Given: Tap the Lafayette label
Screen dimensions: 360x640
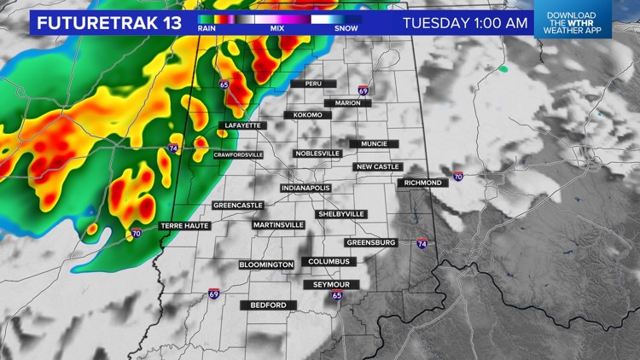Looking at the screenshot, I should click(242, 125).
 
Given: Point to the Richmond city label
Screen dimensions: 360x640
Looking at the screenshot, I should click(422, 183).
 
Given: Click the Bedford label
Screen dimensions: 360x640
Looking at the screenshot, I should click(269, 305).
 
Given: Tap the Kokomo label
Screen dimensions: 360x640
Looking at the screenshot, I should click(306, 114).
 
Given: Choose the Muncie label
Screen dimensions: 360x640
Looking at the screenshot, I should click(374, 144).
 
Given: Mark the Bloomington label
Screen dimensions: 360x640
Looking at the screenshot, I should click(266, 264).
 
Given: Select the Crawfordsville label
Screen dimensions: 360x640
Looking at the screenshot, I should click(238, 154).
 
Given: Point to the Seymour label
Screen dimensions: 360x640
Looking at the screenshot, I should click(332, 284).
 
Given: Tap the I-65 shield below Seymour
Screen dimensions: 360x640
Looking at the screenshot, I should click(337, 295).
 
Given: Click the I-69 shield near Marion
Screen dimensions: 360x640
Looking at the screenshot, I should click(364, 90).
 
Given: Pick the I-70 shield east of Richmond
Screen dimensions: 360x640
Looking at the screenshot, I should click(458, 177).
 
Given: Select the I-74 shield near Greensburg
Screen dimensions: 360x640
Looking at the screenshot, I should click(422, 243).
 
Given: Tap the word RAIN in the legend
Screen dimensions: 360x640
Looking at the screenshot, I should click(207, 28).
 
